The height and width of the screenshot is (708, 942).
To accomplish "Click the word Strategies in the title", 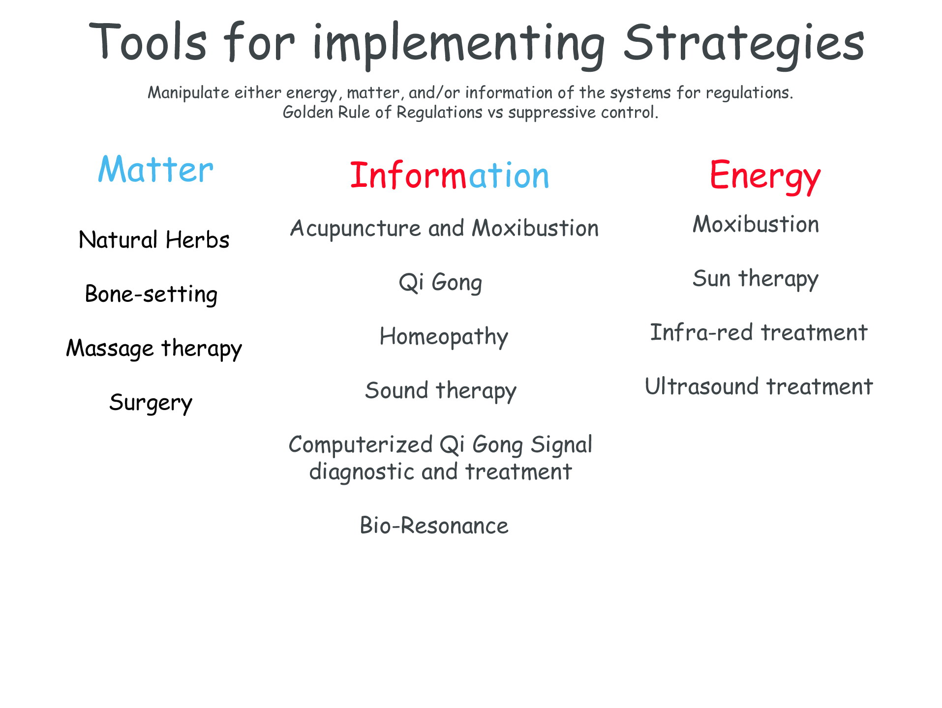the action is (x=744, y=44).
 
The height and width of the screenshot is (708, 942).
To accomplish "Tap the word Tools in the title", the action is (x=148, y=41).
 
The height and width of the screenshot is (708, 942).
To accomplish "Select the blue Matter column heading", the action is (x=155, y=169).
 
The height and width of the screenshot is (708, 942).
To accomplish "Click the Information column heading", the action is (x=450, y=176).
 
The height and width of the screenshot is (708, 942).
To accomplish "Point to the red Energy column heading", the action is (x=765, y=177).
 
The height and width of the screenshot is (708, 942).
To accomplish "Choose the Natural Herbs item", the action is (x=154, y=240).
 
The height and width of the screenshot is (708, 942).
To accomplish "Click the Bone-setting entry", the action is (x=151, y=295).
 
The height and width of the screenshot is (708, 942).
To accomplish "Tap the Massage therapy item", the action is (x=154, y=349).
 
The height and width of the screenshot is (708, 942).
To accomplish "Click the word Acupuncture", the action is (x=356, y=229).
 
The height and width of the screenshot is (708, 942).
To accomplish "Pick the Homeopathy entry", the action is (x=444, y=337).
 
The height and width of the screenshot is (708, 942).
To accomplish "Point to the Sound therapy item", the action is (x=441, y=391).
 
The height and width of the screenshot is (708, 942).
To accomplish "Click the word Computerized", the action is (x=361, y=444).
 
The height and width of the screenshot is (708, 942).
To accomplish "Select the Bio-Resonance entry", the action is (x=434, y=526).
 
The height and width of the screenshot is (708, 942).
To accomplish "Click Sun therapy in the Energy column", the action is (x=756, y=279).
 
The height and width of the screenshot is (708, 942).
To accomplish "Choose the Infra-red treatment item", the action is (x=759, y=332).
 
